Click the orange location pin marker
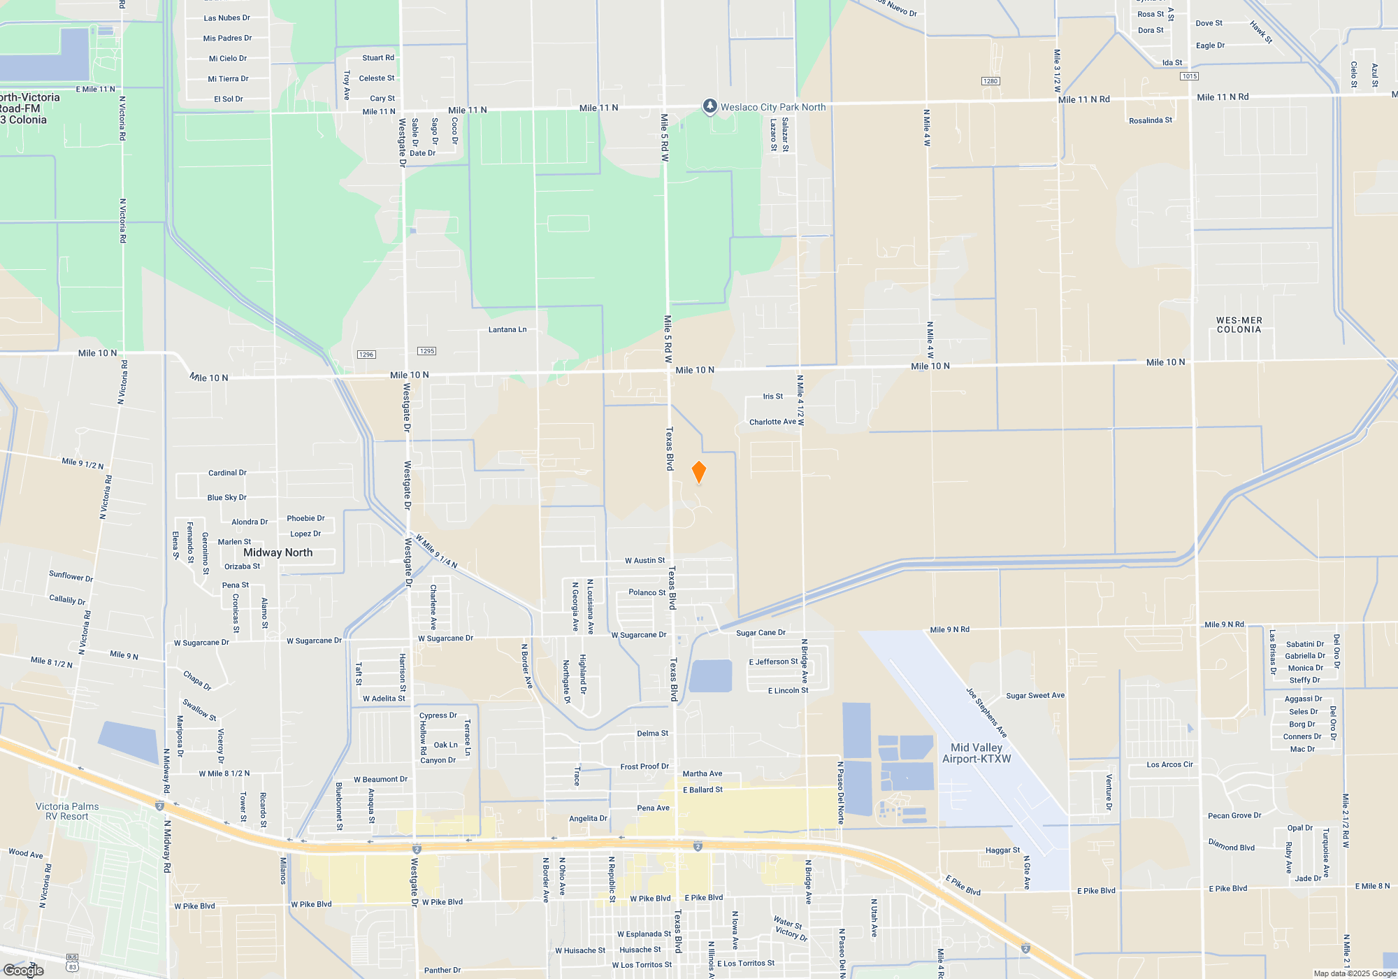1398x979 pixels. [698, 472]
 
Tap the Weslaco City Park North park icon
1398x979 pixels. [709, 106]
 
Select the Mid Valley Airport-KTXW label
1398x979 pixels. [977, 753]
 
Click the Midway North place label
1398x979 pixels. [278, 552]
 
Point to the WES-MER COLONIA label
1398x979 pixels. [1239, 325]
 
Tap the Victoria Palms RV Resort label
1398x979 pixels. [67, 811]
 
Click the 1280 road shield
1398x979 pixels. [990, 81]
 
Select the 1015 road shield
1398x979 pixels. [1189, 76]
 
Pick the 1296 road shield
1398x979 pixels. [366, 355]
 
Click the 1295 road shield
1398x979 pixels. [426, 351]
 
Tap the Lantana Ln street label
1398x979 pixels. [507, 329]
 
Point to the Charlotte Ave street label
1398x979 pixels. [772, 422]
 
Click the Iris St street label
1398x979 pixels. [773, 396]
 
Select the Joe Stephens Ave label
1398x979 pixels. [986, 713]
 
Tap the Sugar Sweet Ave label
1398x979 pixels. [1035, 696]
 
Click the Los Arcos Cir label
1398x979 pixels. [1169, 764]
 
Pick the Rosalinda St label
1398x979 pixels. [1150, 120]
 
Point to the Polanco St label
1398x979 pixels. [647, 592]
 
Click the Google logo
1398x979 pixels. [24, 970]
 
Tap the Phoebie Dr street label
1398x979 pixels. [305, 518]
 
